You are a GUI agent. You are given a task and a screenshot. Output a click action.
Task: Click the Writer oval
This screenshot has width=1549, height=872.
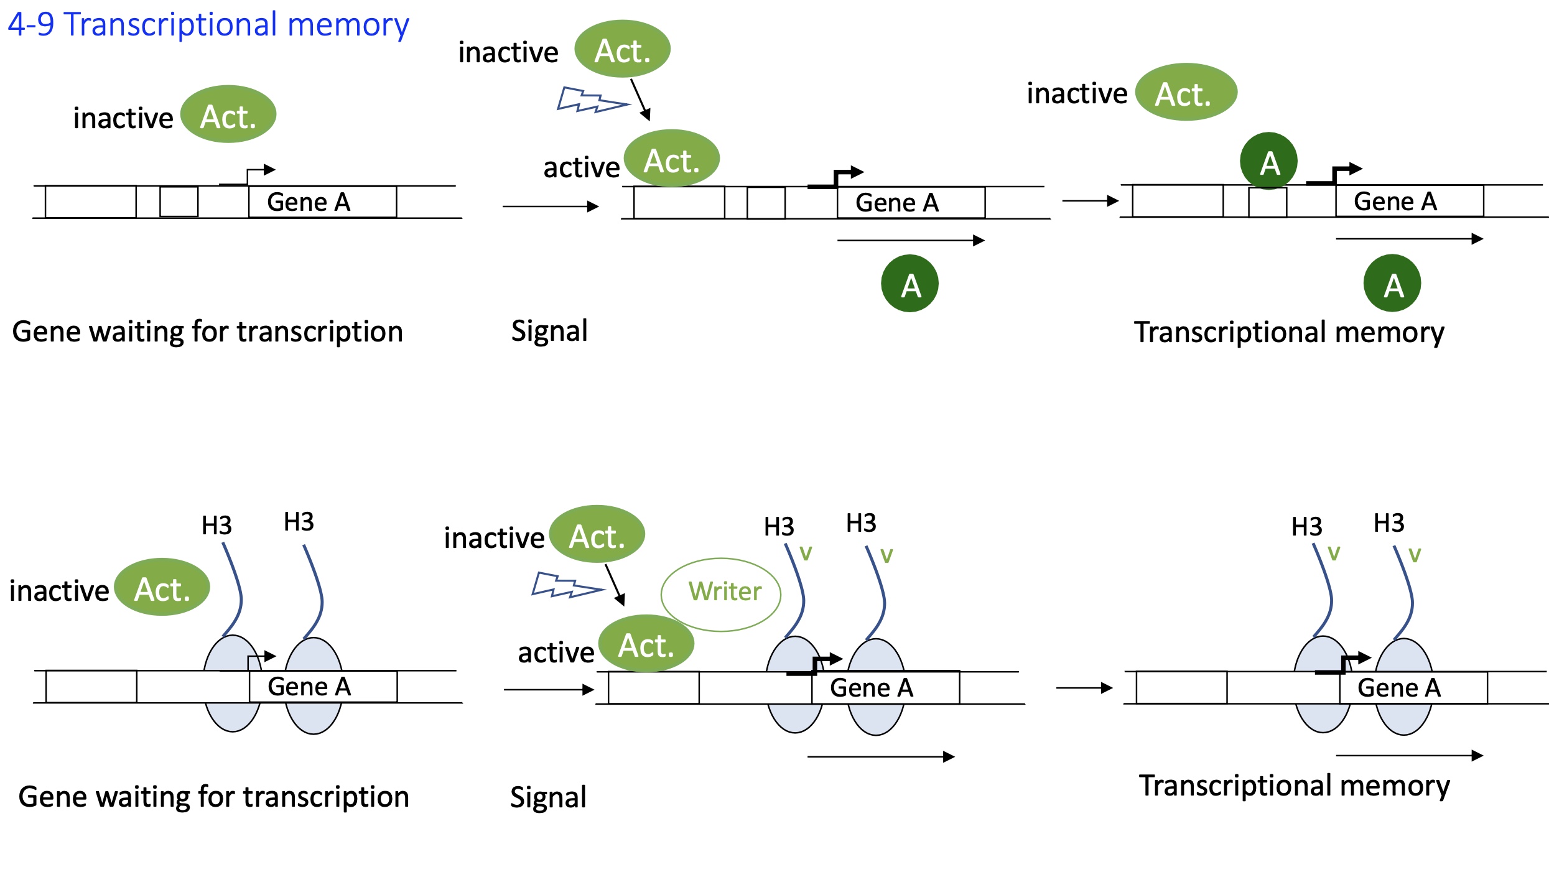tap(720, 594)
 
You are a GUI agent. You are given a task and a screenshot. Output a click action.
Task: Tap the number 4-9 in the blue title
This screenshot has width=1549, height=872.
tap(31, 25)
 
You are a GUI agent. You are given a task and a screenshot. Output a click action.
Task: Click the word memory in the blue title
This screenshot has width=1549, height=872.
tap(348, 25)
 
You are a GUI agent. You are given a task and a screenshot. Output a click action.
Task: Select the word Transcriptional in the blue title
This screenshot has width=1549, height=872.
tap(171, 25)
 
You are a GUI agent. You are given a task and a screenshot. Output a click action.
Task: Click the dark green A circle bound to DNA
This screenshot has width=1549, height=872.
tap(1268, 161)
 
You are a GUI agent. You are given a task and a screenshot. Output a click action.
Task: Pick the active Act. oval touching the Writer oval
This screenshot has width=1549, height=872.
tap(646, 644)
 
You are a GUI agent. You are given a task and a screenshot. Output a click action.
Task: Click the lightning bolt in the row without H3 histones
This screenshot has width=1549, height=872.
tap(592, 100)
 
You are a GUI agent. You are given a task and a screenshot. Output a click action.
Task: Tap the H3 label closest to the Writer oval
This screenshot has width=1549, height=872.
tap(779, 527)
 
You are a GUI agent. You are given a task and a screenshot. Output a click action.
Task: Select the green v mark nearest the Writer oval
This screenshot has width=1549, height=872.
tap(806, 553)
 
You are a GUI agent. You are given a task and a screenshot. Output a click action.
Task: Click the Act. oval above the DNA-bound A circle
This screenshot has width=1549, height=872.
tap(1186, 92)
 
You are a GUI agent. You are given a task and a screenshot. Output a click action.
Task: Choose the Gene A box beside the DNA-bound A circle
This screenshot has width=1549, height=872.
tap(1409, 201)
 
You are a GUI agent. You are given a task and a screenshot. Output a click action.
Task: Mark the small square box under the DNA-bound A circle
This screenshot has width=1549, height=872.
tap(1267, 202)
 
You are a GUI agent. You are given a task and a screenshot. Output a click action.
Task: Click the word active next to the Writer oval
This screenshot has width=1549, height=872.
tap(556, 652)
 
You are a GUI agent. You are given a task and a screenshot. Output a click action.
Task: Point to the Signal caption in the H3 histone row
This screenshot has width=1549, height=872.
tap(548, 797)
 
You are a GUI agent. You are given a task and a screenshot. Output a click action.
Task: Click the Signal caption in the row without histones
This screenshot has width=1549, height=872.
tap(549, 331)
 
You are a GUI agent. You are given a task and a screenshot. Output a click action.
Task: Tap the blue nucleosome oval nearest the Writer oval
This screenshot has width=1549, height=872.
tap(794, 684)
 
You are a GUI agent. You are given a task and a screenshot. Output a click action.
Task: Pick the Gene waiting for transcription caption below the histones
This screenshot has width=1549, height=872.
tap(213, 797)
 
